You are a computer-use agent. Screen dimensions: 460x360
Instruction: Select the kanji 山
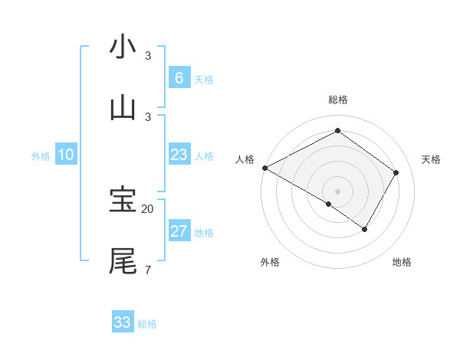click(123, 107)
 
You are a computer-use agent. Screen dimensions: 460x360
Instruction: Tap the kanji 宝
click(123, 200)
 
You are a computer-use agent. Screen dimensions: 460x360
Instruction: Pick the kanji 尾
click(123, 261)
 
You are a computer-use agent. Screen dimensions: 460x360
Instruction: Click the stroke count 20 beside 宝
click(148, 208)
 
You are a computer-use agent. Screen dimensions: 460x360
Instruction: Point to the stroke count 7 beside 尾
click(147, 270)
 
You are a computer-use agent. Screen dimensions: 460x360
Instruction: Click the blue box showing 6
click(179, 77)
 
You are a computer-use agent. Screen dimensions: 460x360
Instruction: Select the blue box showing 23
click(179, 155)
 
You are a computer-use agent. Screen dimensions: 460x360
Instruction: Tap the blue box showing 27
click(179, 231)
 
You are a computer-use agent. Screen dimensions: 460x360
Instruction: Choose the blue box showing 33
click(122, 322)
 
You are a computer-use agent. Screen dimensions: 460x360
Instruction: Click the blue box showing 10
click(66, 155)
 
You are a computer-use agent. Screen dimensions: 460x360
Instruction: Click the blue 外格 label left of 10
click(41, 156)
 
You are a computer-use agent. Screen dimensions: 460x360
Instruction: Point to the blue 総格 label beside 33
click(147, 324)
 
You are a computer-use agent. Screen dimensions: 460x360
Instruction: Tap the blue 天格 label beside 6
click(204, 80)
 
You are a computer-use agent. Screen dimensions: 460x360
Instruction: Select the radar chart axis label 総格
click(337, 100)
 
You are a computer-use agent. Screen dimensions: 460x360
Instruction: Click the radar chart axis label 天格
click(432, 159)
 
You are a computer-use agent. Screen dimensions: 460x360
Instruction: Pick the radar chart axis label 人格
click(245, 159)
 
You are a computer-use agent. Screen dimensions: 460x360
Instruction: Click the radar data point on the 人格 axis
click(264, 168)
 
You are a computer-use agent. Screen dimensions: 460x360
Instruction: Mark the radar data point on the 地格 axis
click(365, 229)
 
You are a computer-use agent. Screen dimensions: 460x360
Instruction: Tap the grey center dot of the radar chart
click(337, 191)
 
